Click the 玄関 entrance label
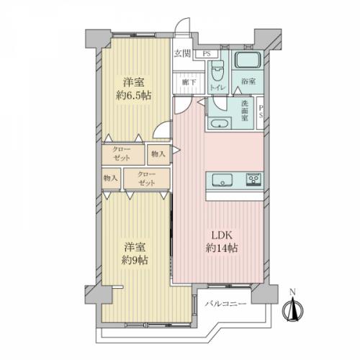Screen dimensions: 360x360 [x=182, y=54]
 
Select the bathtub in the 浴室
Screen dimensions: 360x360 [x=248, y=60]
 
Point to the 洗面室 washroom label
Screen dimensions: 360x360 [x=245, y=111]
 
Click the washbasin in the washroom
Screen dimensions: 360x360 [x=219, y=124]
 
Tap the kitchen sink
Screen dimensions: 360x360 [x=222, y=180]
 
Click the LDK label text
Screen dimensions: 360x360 [x=222, y=235]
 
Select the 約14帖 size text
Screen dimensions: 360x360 [x=222, y=248]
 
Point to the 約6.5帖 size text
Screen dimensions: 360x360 [x=134, y=96]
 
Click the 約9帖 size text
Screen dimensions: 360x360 [x=135, y=260]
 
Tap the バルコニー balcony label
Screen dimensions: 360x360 [x=225, y=304]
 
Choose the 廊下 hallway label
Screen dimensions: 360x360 [x=189, y=82]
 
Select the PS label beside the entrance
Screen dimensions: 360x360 [x=207, y=54]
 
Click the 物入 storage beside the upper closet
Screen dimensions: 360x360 [x=158, y=154]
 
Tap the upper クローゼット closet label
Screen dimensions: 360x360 [x=122, y=154]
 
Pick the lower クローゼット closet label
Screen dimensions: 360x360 [x=147, y=179]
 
